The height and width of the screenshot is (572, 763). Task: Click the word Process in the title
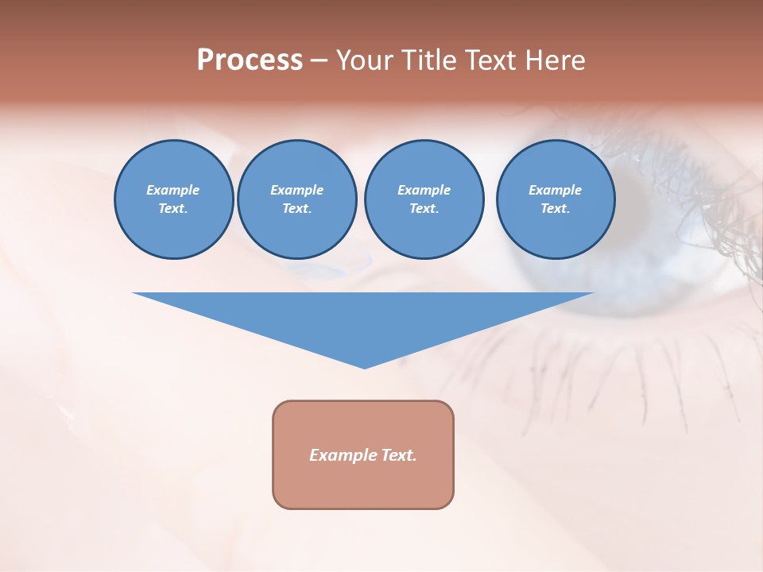pos(250,60)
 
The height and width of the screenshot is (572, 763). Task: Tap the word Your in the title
pos(366,60)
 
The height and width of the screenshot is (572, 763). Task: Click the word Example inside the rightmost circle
pos(555,190)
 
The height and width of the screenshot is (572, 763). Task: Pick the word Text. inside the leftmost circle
pos(173,209)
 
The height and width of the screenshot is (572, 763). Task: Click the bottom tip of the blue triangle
pos(364,366)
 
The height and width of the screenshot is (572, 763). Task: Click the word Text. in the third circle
pos(424,209)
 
